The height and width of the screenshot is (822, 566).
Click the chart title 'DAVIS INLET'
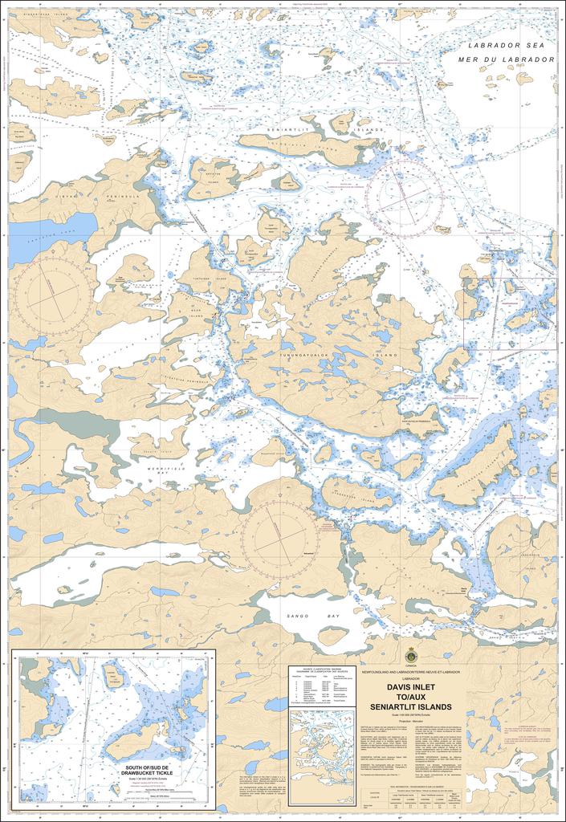pyautogui.click(x=411, y=687)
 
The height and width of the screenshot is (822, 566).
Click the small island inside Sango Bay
pyautogui.click(x=332, y=636)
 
